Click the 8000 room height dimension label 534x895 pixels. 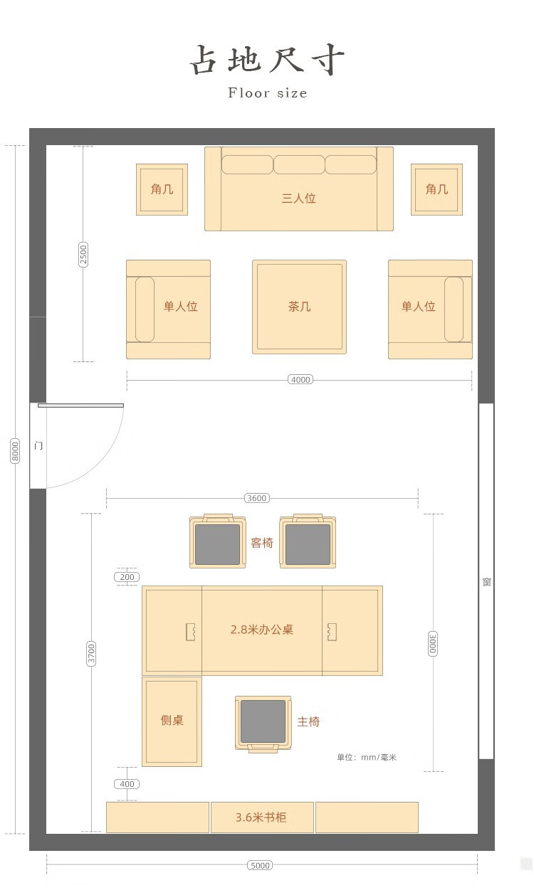[x=15, y=451]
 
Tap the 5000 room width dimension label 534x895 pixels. [x=260, y=865]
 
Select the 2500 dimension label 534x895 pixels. [x=83, y=255]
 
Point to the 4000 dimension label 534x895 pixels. [x=300, y=379]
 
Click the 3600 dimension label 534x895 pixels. [x=257, y=498]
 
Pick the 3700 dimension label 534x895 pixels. [x=91, y=654]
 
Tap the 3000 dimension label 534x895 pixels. [x=433, y=644]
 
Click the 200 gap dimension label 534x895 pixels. [x=127, y=576]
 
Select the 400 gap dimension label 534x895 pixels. [x=127, y=783]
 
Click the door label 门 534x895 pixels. [x=38, y=445]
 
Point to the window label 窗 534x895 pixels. [x=486, y=582]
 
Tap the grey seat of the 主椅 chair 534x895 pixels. [x=263, y=721]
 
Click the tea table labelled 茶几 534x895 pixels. [x=299, y=307]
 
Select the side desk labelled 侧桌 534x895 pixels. [x=172, y=721]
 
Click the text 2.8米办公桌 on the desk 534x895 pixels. [x=262, y=630]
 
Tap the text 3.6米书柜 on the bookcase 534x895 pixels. [x=261, y=817]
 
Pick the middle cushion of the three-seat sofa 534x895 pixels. [x=299, y=164]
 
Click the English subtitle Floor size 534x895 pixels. [x=268, y=92]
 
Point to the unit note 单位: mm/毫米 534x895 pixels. [x=367, y=757]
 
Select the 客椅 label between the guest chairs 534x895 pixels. [x=262, y=543]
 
